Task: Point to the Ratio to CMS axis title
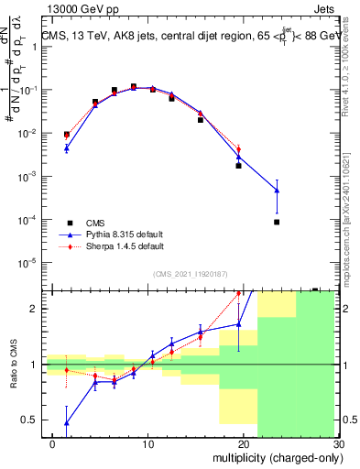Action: (x=12, y=376)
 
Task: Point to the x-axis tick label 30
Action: (x=337, y=444)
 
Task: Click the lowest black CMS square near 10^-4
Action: (x=276, y=222)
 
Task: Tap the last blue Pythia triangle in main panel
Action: (x=276, y=191)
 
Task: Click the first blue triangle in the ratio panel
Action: (x=66, y=423)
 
